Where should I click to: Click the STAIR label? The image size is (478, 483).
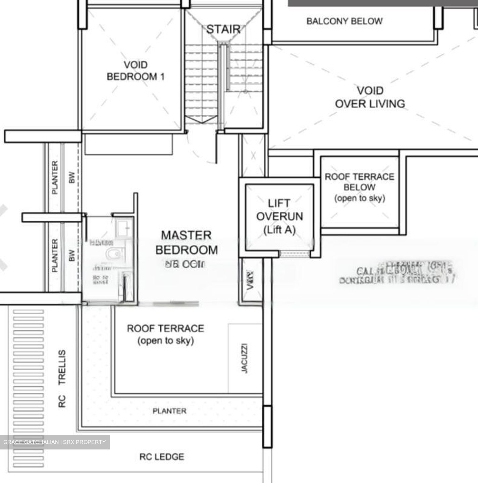click(223, 30)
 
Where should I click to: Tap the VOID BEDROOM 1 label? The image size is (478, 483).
click(136, 71)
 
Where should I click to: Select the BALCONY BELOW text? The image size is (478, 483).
click(344, 21)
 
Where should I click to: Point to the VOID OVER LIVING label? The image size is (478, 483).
click(370, 97)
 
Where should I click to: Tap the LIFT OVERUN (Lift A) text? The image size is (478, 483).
click(279, 216)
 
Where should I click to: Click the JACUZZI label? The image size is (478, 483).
click(245, 358)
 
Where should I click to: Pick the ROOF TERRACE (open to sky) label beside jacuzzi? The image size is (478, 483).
click(165, 334)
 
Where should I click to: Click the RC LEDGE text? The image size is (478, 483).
click(162, 457)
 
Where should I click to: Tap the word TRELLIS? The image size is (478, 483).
click(62, 367)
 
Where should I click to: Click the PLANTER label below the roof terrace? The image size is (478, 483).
click(169, 411)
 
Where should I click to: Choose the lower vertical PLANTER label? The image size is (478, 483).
click(55, 255)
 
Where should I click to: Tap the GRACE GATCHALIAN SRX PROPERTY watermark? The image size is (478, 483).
click(54, 442)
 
